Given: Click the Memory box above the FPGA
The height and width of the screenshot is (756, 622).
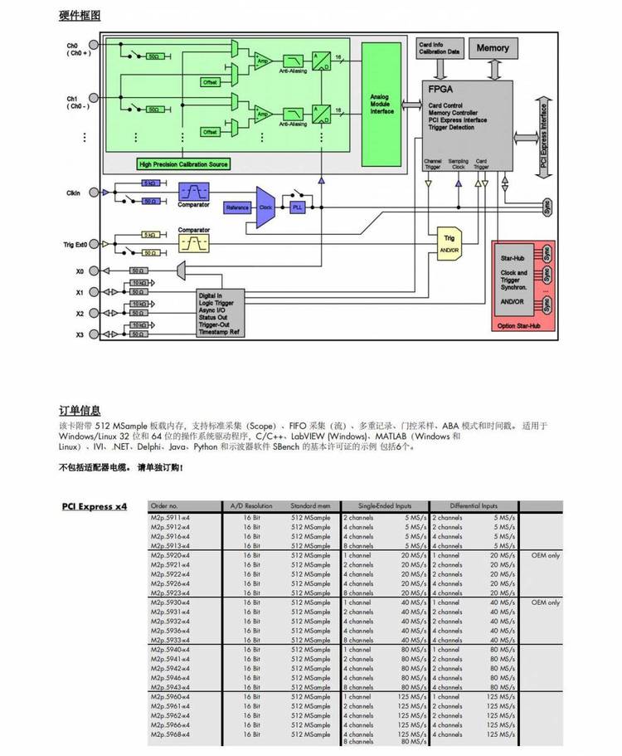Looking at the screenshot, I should coord(493,48).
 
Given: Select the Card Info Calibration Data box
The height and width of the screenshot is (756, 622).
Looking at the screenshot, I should coord(440,48).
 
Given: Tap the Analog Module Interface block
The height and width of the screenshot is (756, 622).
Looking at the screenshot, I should coord(381,104).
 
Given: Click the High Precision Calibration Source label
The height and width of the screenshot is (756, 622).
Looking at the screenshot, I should coord(183,164).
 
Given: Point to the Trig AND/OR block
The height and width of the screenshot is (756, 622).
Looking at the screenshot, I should coord(449,243).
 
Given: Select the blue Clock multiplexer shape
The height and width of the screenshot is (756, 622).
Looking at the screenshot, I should coord(266,207).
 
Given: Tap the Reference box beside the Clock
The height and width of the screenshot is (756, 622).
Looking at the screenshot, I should coord(237,207).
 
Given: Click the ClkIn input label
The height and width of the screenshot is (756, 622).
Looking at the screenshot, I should coord(74,193).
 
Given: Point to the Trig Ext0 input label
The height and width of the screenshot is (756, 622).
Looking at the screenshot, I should coord(76,244).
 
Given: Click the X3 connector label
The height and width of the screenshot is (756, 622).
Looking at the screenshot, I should coord(80,334).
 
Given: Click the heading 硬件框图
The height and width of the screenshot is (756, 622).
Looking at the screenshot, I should coord(80,16).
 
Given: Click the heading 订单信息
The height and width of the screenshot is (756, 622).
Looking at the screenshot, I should coord(80,410).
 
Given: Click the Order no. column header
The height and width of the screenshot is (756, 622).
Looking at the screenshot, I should coord(164,505).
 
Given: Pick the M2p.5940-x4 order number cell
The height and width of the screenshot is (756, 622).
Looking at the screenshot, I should coord(170,650).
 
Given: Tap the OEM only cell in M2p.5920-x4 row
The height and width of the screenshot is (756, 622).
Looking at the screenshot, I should coord(546,555).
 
